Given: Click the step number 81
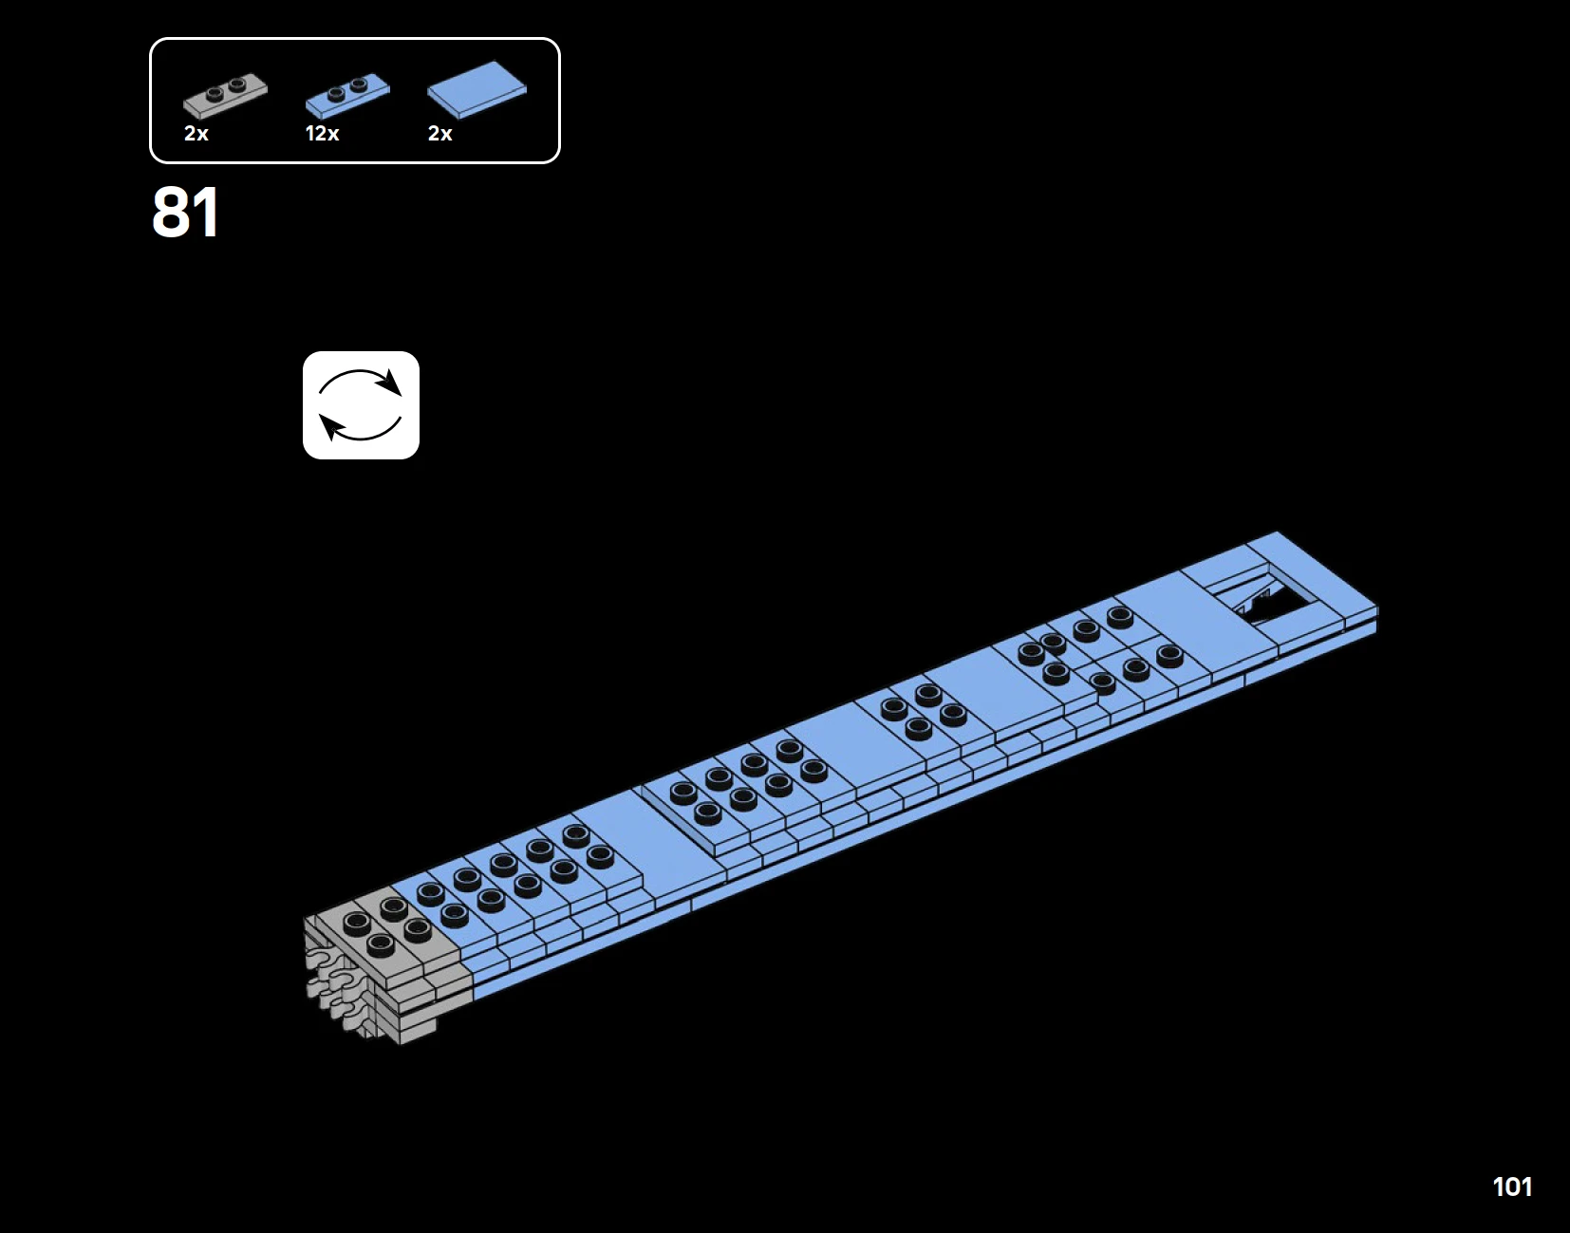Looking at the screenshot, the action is (185, 213).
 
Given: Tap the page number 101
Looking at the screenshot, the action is (1512, 1186).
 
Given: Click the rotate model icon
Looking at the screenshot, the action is (361, 405).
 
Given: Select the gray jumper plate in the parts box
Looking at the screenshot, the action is (225, 95).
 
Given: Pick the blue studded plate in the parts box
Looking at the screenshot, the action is (347, 95).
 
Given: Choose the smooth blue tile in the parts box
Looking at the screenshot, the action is (477, 89).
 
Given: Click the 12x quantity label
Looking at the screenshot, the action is (322, 134).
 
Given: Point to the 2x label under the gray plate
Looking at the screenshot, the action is (196, 134).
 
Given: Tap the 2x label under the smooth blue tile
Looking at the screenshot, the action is (440, 134).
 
